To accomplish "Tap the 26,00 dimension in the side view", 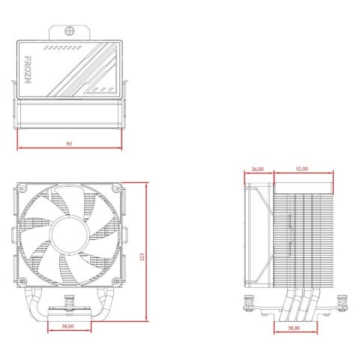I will pyautogui.click(x=257, y=169).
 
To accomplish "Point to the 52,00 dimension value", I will pyautogui.click(x=301, y=169).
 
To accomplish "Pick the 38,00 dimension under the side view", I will pyautogui.click(x=292, y=328).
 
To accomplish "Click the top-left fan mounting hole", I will pyautogui.click(x=25, y=188).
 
